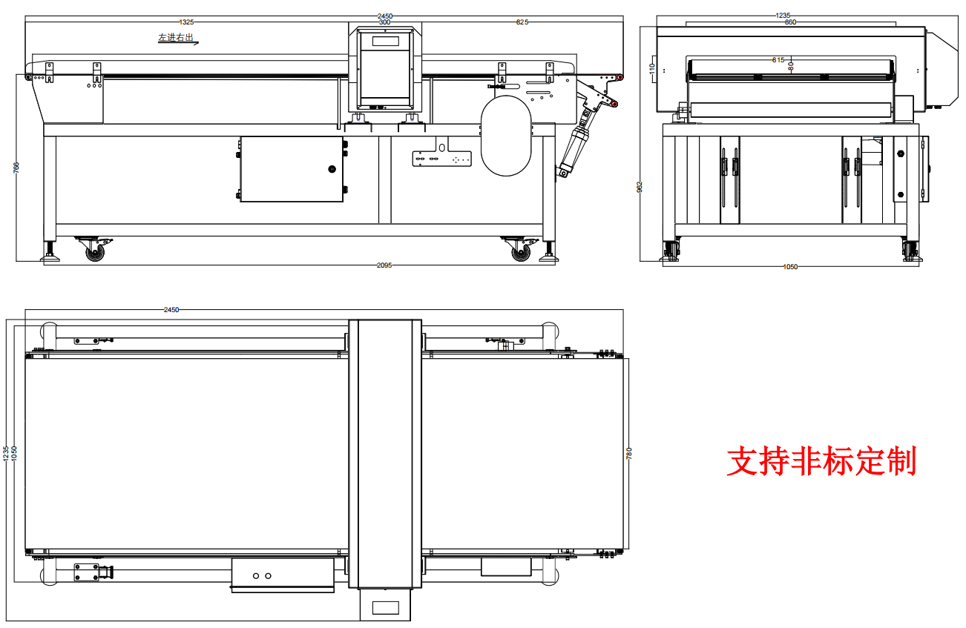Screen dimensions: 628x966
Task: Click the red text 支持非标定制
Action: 821,461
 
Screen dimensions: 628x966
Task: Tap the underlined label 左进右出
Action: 176,37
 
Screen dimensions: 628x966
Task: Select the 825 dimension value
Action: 522,22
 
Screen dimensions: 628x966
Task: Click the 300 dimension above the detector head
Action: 384,22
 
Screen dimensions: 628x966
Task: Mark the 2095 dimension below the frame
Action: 384,265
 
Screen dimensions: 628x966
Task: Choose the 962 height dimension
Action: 640,186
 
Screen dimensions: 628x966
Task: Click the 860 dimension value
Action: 790,22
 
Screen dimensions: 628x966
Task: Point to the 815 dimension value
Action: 778,60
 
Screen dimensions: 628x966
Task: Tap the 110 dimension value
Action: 652,68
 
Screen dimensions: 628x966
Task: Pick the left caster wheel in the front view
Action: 95,252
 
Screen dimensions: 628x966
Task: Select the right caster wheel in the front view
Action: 519,252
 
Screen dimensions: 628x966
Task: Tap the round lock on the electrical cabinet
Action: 331,170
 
